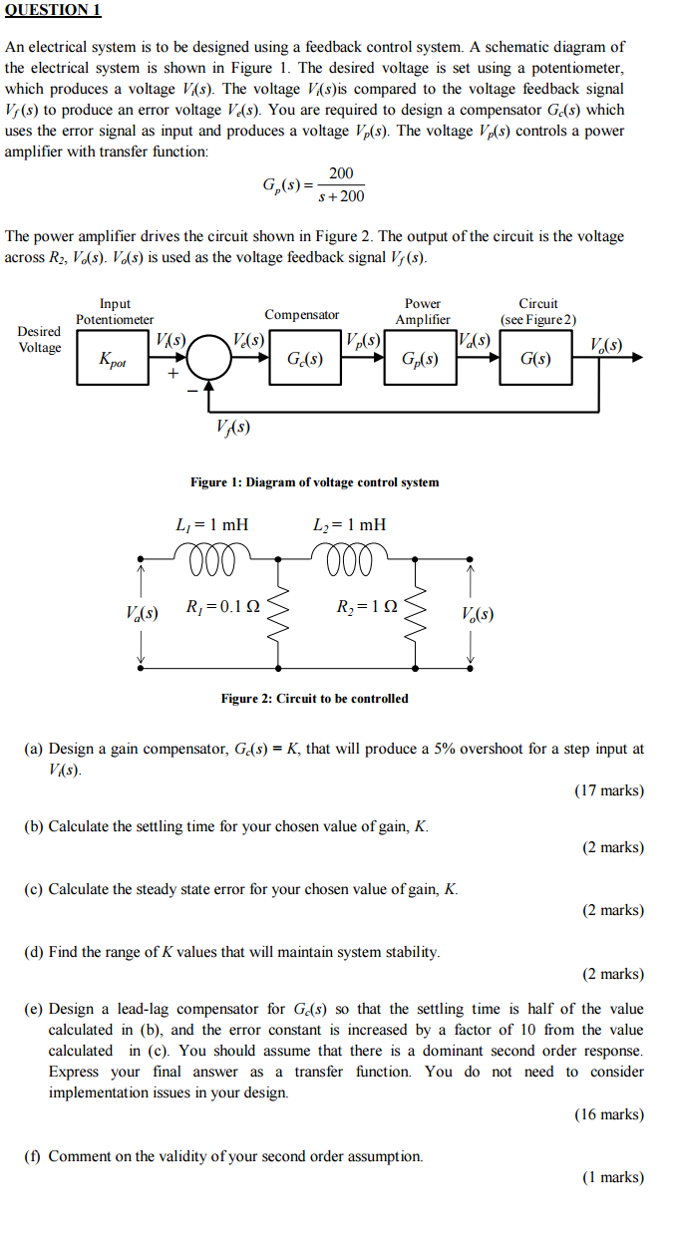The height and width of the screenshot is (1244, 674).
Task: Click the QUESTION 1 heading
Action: click(x=53, y=10)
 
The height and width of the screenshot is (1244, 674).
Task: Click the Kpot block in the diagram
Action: click(x=113, y=358)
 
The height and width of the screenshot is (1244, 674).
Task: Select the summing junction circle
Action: click(x=208, y=358)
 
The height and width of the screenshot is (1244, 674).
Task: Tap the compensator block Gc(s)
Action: click(x=305, y=358)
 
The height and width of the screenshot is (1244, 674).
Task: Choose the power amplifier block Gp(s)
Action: click(x=420, y=358)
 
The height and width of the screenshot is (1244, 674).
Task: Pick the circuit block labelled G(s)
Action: click(x=535, y=358)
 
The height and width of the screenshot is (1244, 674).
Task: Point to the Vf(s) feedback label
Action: click(x=233, y=427)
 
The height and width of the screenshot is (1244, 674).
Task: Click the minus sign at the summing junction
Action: click(x=192, y=391)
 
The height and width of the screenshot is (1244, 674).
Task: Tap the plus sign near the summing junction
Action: click(x=173, y=373)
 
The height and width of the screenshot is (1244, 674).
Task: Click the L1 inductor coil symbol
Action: click(x=211, y=558)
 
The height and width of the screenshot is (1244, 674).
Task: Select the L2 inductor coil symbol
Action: click(x=350, y=558)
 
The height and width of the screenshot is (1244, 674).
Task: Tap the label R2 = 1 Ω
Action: click(x=367, y=606)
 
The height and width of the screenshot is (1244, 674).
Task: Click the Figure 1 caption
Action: click(x=314, y=482)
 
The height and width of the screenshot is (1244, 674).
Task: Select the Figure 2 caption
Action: click(x=314, y=698)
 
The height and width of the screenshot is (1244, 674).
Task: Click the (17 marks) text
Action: click(x=609, y=790)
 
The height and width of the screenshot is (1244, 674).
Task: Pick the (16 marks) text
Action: click(x=609, y=1114)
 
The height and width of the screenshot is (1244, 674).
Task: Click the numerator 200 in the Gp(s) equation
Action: click(x=341, y=173)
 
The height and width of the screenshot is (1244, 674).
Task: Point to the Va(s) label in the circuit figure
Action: click(x=142, y=613)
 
